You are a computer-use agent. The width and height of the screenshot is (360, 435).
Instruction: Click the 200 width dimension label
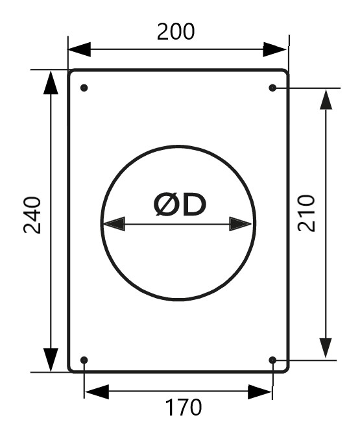(176, 31)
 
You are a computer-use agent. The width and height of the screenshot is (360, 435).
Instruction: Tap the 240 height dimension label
(32, 215)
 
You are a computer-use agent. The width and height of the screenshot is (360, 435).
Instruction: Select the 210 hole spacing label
(306, 214)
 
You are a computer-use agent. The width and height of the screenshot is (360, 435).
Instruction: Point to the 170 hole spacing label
(183, 407)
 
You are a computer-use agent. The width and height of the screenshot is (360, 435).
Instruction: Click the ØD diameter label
(180, 205)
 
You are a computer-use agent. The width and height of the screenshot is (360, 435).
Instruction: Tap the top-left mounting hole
(84, 88)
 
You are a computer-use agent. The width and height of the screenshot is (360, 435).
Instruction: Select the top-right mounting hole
(272, 88)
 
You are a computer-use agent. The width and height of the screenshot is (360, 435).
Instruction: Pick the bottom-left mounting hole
(84, 360)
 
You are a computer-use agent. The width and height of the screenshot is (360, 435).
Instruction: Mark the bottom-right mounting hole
(272, 360)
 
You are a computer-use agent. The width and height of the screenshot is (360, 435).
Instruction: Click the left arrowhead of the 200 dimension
(80, 49)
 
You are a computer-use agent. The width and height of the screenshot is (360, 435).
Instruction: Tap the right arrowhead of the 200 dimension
(274, 49)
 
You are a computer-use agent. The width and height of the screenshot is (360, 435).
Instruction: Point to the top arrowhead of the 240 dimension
(51, 82)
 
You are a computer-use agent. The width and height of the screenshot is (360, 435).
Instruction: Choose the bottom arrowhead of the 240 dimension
(51, 360)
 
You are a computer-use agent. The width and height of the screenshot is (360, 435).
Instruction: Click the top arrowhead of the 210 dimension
(326, 99)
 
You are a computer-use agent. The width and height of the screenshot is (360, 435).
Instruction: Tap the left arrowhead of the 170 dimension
(97, 391)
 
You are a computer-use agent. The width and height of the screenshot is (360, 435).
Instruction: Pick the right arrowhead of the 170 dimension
(259, 391)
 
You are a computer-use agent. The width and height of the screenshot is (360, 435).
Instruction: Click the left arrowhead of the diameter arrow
(114, 224)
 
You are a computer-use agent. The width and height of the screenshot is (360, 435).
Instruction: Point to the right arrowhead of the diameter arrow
(241, 224)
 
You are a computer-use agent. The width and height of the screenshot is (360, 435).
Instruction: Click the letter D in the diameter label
(195, 205)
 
